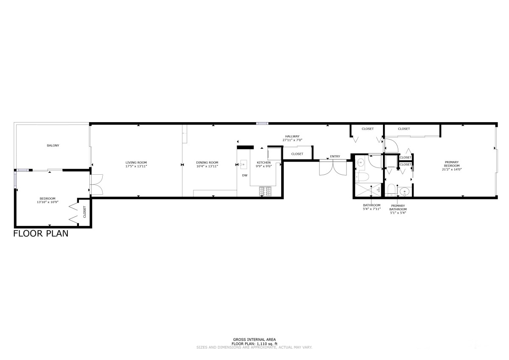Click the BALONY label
click(x=53, y=145)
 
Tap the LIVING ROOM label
click(x=136, y=162)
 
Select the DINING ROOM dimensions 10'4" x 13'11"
click(x=207, y=166)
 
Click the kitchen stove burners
click(x=265, y=191)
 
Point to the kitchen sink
click(x=243, y=165)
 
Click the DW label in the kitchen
click(x=245, y=176)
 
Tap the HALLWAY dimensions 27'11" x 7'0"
click(x=292, y=140)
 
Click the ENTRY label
click(x=335, y=156)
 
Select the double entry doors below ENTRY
click(x=333, y=167)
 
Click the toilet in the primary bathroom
click(x=391, y=190)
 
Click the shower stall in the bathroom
click(x=368, y=190)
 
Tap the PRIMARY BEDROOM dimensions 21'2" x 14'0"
click(x=452, y=169)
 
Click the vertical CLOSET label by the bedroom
click(x=85, y=212)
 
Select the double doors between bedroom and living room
click(x=97, y=184)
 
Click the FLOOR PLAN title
click(x=41, y=234)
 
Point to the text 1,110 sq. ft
click(x=267, y=344)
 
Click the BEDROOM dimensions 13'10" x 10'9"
click(x=48, y=202)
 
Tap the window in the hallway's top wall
click(x=262, y=123)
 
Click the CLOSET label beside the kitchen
click(x=297, y=154)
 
